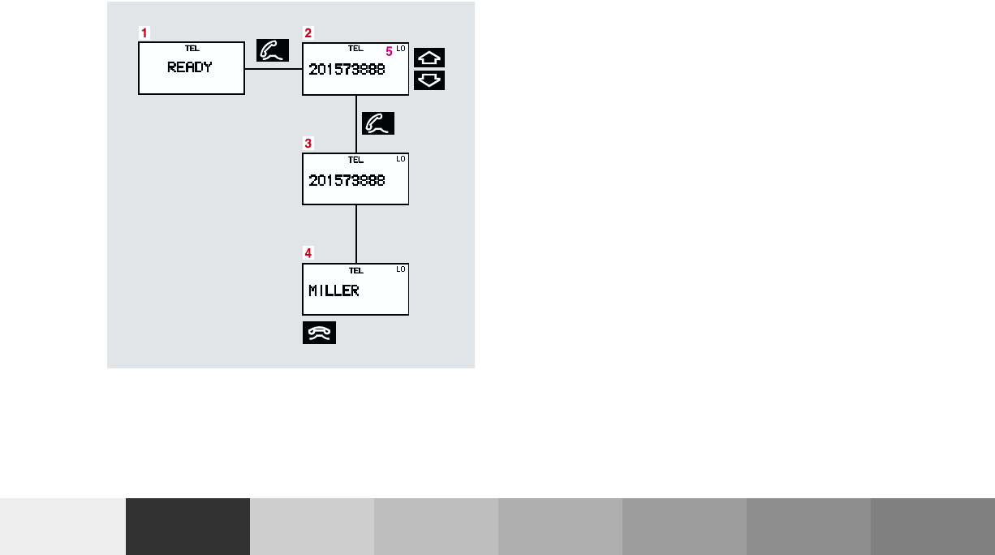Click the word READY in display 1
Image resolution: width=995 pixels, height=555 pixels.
point(190,68)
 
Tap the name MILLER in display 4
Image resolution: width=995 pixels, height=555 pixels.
point(334,290)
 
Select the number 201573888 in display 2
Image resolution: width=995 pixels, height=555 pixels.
point(347,70)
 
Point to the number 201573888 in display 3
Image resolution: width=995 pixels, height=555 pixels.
point(347,180)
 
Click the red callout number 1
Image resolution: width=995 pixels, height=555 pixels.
point(144,33)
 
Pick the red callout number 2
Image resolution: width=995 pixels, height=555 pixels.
point(308,33)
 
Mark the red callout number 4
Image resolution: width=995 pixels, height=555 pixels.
point(308,253)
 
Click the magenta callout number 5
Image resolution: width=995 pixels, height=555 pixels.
point(389,51)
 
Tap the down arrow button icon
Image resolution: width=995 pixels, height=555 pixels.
point(430,80)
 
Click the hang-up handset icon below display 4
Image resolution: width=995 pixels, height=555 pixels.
point(319,333)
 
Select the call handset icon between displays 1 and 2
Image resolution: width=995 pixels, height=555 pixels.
point(273,50)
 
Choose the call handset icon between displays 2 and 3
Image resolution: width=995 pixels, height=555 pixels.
point(378,123)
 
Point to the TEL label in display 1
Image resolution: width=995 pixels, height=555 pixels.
point(192,49)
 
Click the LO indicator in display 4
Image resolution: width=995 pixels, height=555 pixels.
point(400,269)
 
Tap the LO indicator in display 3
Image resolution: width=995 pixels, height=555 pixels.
point(400,159)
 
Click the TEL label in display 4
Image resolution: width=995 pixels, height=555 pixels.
point(355,270)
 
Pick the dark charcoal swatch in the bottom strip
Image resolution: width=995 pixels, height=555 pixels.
point(187,526)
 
